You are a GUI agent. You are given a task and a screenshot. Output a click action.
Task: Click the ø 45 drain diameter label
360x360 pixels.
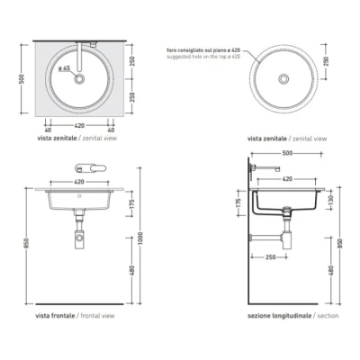coord(64,68)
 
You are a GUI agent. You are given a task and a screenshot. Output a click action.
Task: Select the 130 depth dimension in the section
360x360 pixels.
coord(330,199)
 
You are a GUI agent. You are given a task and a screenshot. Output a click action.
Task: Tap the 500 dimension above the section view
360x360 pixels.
coord(287,153)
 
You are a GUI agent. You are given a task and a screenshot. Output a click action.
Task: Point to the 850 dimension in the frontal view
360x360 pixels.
coord(27,243)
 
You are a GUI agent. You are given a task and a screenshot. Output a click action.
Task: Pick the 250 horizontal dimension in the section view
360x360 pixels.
coord(271,256)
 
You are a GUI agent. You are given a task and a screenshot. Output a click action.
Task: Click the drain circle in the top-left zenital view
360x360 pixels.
coord(79,79)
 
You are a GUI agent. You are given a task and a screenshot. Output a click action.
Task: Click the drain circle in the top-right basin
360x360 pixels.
coord(283,79)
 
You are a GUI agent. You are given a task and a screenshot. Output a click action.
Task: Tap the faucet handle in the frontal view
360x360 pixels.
coord(90,168)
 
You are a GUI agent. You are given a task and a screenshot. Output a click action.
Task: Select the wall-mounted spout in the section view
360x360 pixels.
coord(265,168)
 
